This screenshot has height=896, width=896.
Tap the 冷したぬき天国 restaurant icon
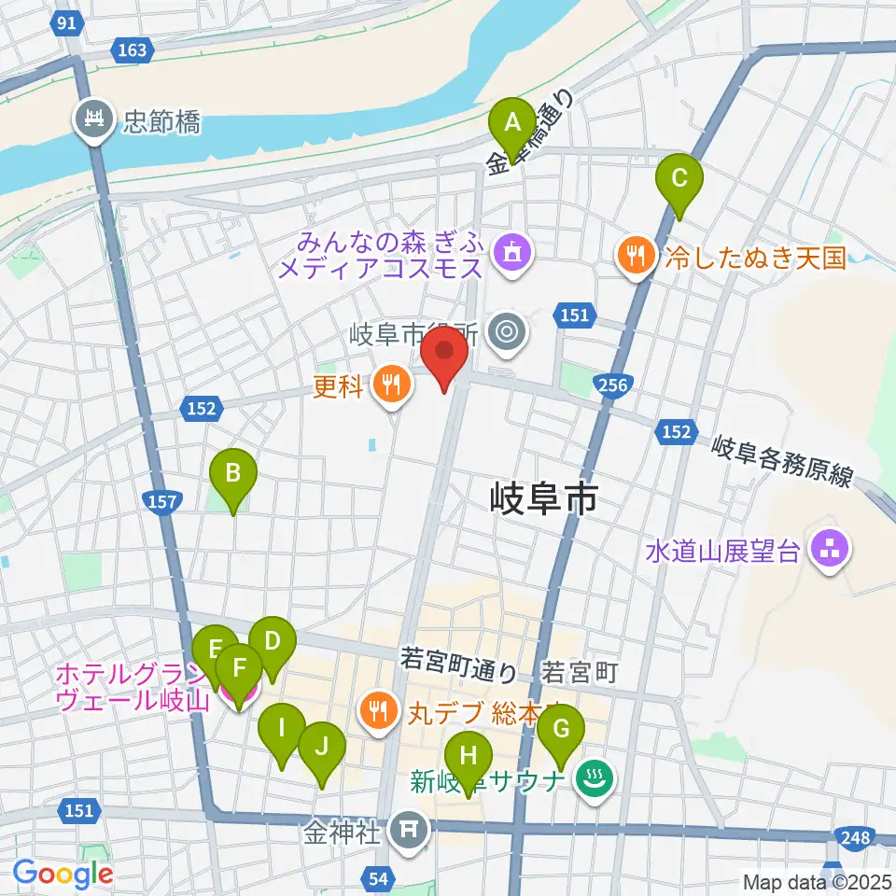point(637,256)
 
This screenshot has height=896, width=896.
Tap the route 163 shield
point(133,49)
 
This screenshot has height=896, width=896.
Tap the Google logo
point(63,874)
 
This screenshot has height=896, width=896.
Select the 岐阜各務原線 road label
point(782,461)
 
